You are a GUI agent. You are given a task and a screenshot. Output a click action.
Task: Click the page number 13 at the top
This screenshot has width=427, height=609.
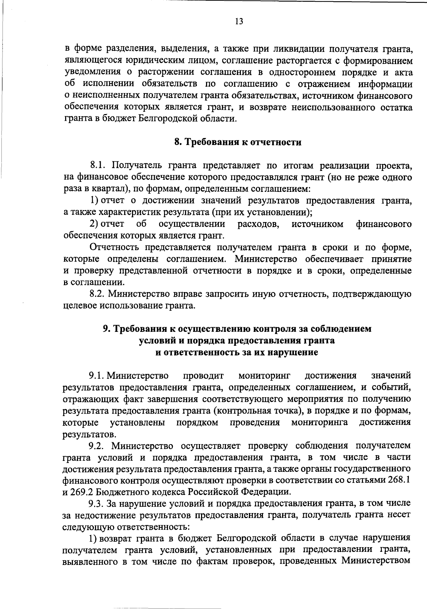(239, 21)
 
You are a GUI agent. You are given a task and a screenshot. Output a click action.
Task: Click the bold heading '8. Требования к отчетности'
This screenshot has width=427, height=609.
(238, 142)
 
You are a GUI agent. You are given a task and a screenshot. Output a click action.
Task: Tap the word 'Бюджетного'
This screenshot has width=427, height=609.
(126, 492)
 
